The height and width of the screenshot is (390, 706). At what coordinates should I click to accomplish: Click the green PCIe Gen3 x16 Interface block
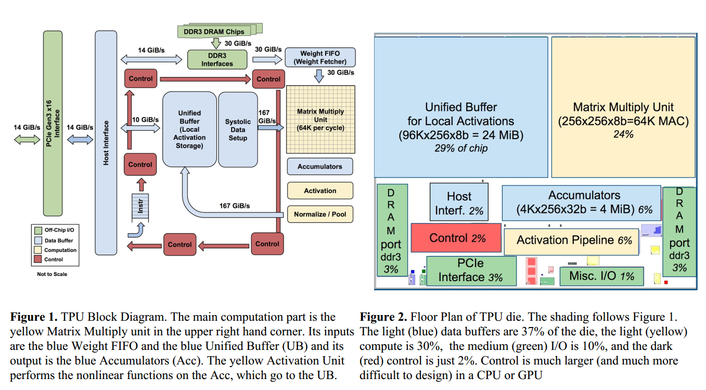(53, 123)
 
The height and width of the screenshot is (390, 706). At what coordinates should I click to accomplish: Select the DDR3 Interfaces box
(217, 59)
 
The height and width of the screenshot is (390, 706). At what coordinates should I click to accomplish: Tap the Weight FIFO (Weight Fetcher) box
(320, 57)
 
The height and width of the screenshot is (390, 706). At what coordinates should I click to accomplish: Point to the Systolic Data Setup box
(238, 129)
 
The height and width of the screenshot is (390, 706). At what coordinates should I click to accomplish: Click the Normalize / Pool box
(320, 214)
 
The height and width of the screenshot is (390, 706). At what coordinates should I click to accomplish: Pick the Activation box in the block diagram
(320, 191)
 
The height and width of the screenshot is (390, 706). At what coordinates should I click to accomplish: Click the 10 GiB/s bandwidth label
(145, 119)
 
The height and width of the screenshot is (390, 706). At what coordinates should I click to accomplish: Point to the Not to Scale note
(52, 274)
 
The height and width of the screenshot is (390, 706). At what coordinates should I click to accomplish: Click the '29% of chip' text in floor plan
(460, 148)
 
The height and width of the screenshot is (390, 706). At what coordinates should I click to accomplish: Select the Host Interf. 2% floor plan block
(458, 202)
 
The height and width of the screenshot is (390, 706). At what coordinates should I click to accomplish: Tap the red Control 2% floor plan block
(457, 238)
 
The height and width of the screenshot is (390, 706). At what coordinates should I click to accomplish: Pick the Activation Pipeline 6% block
(571, 241)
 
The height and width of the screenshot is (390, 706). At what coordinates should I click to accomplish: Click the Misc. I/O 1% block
(601, 275)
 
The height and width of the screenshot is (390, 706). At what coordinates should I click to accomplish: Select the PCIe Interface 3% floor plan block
(471, 270)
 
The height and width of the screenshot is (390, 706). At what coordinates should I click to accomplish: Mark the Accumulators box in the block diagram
(320, 167)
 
